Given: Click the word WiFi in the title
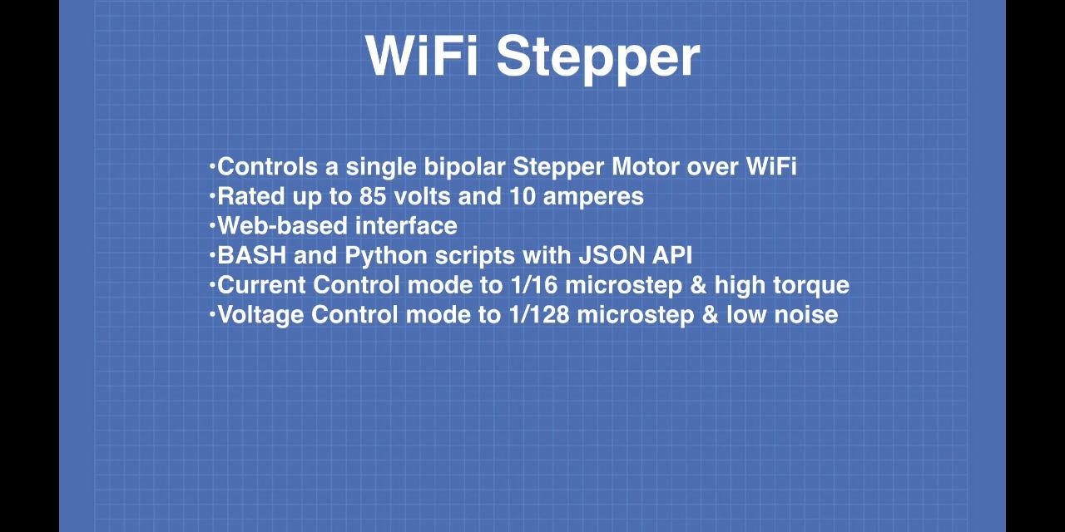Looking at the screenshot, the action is point(422,56).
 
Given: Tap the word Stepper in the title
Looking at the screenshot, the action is point(598,60).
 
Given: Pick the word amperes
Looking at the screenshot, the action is point(593,198).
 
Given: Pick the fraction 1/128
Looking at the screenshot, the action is point(538,315).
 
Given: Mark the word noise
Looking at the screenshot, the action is point(806,315).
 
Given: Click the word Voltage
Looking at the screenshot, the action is point(260,316).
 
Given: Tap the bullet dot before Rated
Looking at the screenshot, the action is point(212,195).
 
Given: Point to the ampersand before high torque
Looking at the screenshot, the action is point(698,285).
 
